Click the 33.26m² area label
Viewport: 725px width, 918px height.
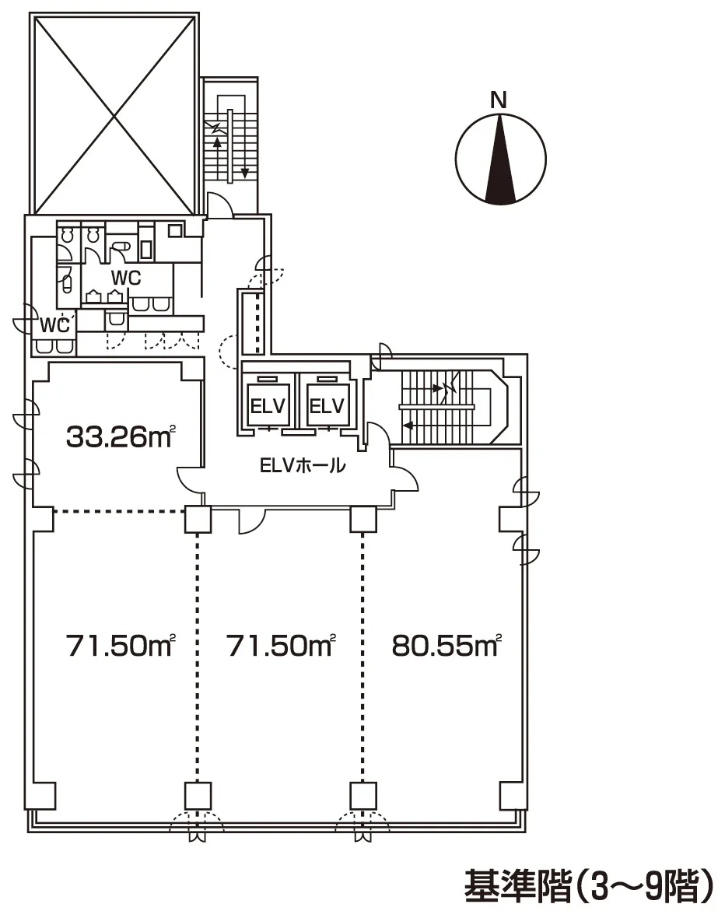tap(121, 436)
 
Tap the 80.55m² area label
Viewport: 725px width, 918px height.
tap(447, 646)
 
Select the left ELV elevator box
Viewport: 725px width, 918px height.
tap(268, 406)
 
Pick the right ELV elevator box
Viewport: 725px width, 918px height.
tap(326, 406)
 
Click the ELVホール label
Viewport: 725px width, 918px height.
tap(303, 466)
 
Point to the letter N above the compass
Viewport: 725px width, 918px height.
tap(499, 100)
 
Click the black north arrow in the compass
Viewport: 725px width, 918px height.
tap(501, 157)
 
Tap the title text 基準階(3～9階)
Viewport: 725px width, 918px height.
tap(589, 886)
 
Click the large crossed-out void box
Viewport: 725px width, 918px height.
tap(114, 115)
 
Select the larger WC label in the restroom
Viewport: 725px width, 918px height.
tap(126, 278)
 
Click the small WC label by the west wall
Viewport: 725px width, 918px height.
tap(54, 325)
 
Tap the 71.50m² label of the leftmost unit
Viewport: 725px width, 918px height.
tap(121, 646)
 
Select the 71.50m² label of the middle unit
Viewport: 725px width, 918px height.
tap(281, 646)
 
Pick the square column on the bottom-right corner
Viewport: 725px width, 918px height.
tap(513, 795)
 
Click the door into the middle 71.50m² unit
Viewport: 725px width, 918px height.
tap(252, 520)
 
